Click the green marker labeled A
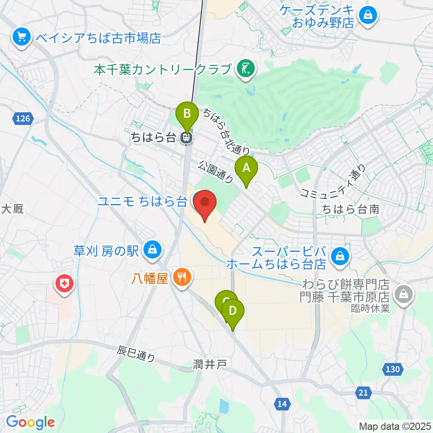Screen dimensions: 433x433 point(246,169)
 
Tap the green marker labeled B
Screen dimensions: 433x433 point(187,114)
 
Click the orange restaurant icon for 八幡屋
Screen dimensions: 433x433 point(182,276)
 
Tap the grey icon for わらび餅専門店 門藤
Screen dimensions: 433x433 point(401,295)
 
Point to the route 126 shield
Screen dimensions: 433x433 point(23,119)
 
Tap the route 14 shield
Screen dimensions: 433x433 point(282,404)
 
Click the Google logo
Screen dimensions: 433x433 point(30,423)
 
